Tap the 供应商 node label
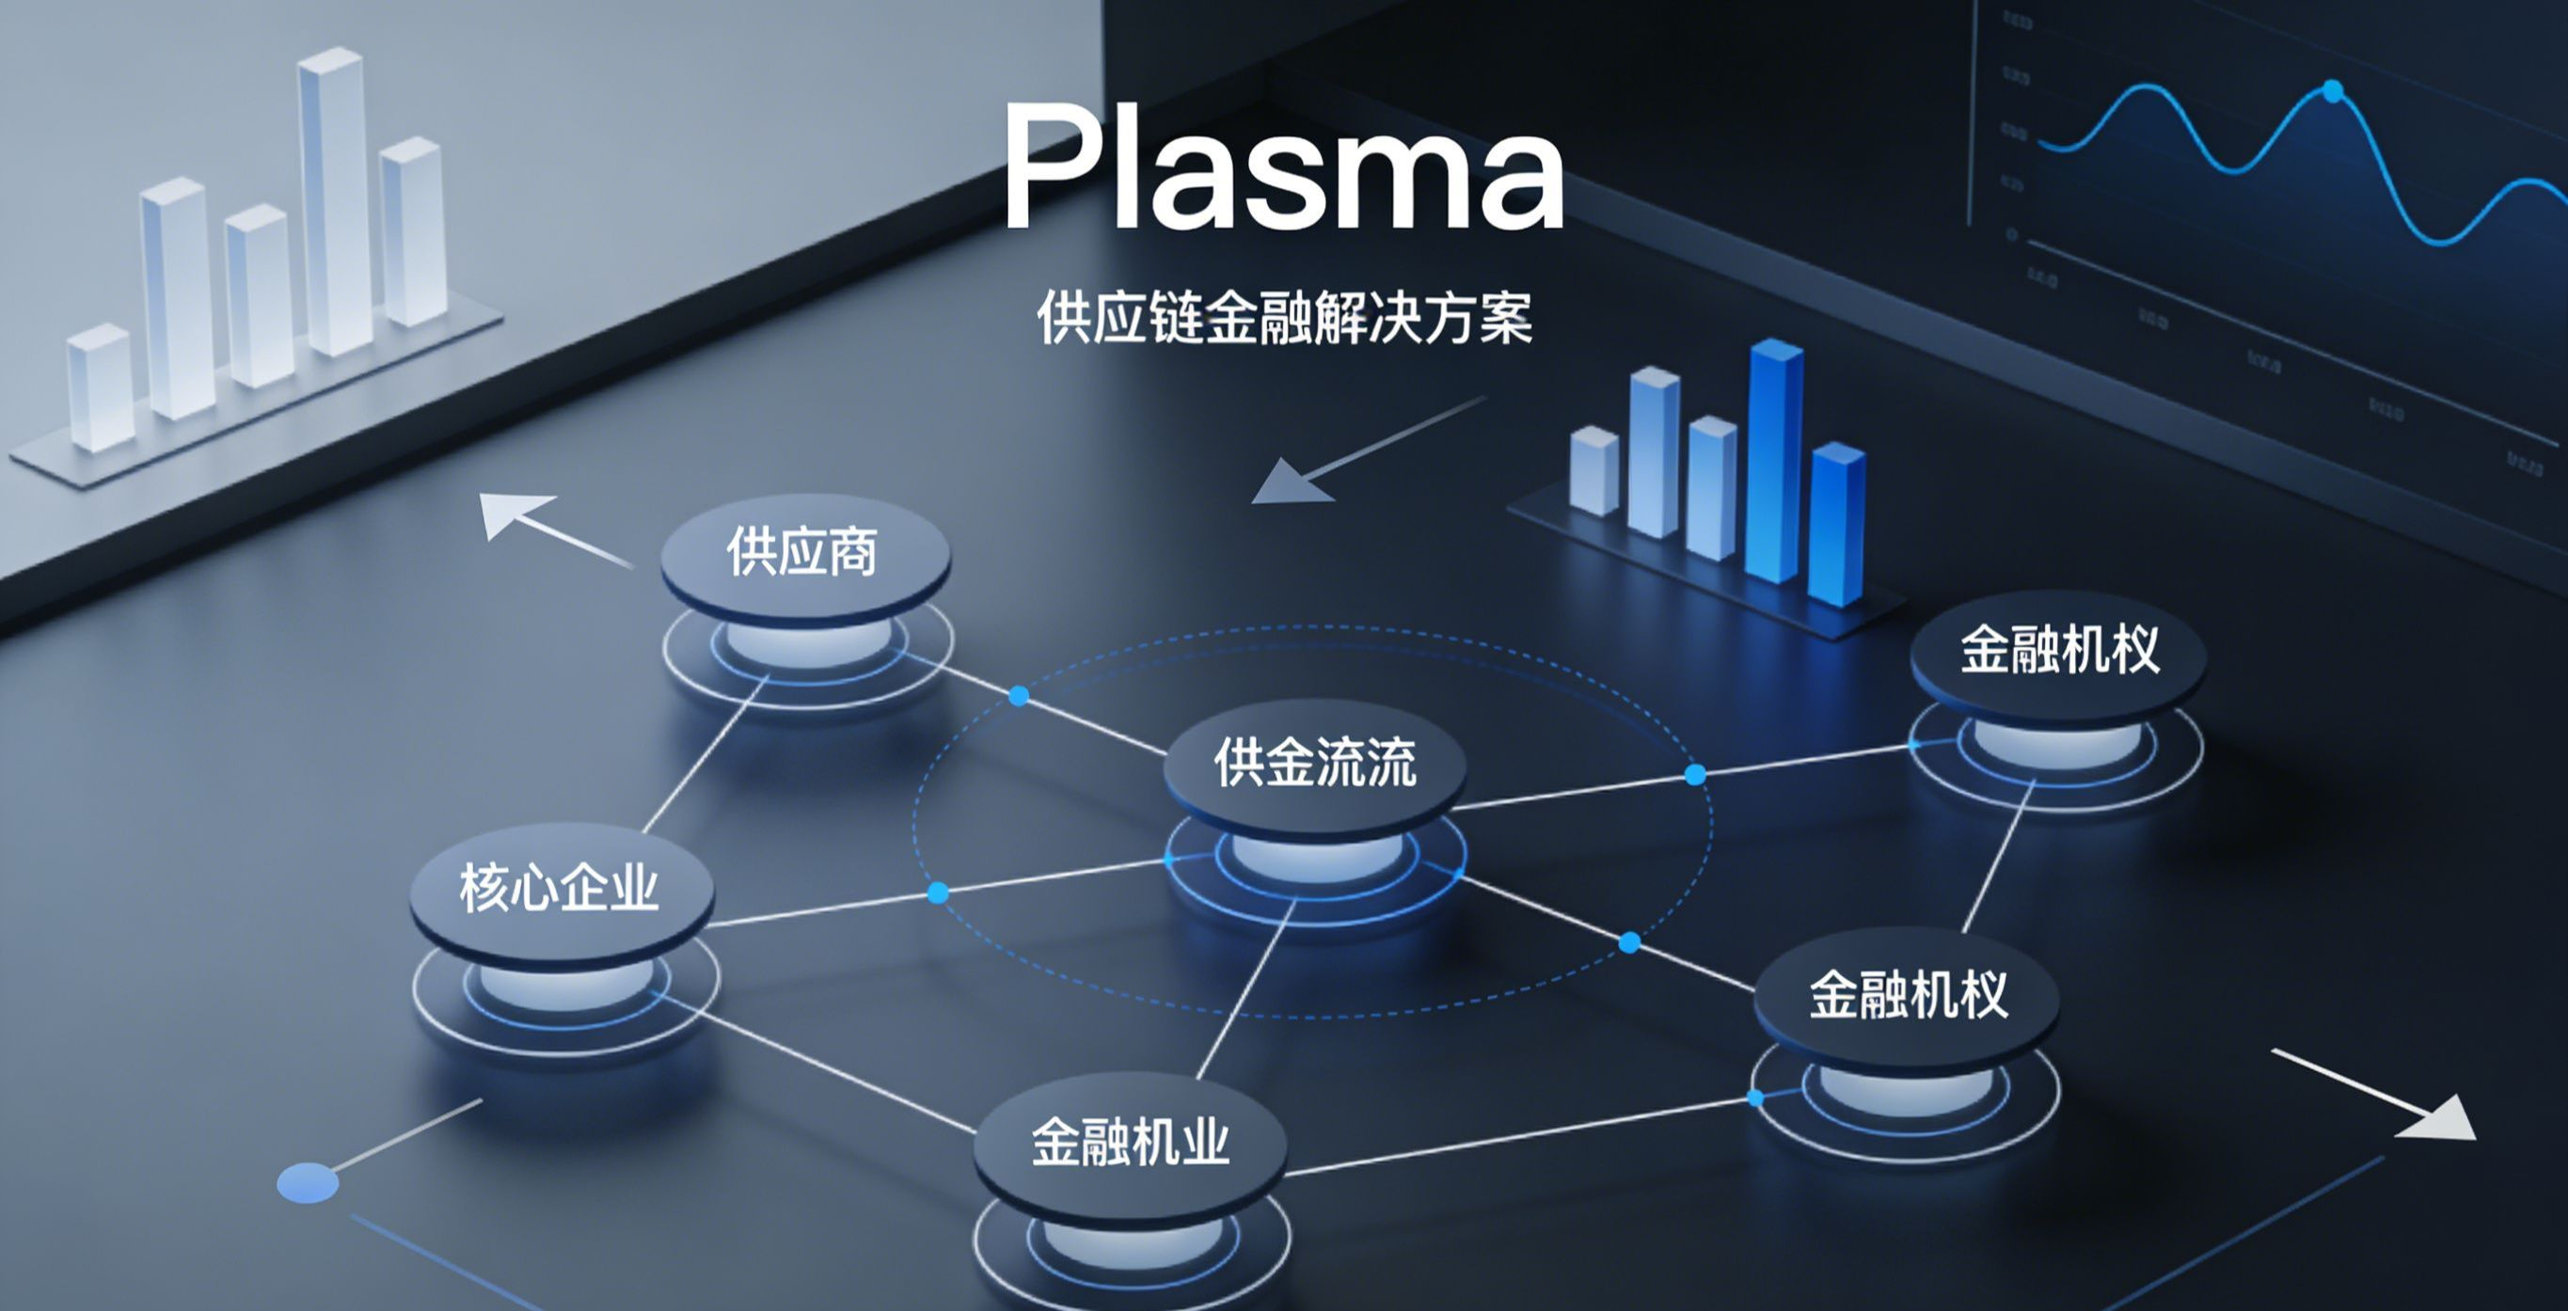pyautogui.click(x=802, y=551)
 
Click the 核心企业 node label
pyautogui.click(x=560, y=887)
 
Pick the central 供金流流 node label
pyautogui.click(x=1315, y=763)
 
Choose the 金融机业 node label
pyautogui.click(x=1131, y=1142)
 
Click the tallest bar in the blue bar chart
pyautogui.click(x=1774, y=459)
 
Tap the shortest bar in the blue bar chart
pyautogui.click(x=1593, y=470)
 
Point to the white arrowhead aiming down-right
pyautogui.click(x=2442, y=1119)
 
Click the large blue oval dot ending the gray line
pyautogui.click(x=307, y=1182)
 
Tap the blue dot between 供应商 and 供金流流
pyautogui.click(x=1019, y=696)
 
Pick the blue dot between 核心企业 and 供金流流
pyautogui.click(x=938, y=892)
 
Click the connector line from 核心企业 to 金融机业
pyautogui.click(x=817, y=1062)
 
